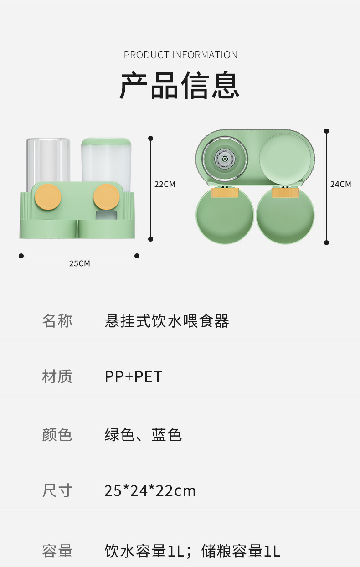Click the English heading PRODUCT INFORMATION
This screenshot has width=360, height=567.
(x=180, y=55)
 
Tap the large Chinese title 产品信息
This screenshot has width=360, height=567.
(x=180, y=85)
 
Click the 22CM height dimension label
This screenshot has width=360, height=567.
(x=165, y=185)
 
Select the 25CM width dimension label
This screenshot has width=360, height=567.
(x=79, y=263)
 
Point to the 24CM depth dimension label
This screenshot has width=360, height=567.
(x=340, y=184)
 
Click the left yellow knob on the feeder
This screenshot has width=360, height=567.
(x=48, y=197)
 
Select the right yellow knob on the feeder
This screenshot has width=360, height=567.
(x=107, y=197)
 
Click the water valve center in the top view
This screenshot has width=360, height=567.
(x=225, y=159)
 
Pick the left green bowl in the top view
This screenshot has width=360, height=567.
(x=225, y=216)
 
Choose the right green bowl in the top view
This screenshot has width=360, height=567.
(x=285, y=216)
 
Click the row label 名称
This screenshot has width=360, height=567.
(x=57, y=321)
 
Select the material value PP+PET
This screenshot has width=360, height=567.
(x=134, y=377)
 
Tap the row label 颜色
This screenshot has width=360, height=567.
(x=57, y=434)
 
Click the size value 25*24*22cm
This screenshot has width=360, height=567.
(x=150, y=491)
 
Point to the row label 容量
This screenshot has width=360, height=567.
(x=57, y=551)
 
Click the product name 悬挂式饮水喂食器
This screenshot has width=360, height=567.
(x=167, y=321)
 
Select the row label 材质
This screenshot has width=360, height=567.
(x=57, y=377)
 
